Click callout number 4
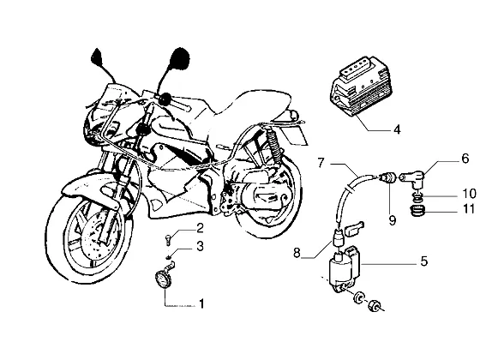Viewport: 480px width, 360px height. point(397,129)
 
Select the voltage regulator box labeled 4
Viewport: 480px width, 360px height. point(361,87)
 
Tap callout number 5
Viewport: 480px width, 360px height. point(423,261)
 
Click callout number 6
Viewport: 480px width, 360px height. point(465,159)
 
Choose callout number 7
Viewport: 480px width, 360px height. point(321,163)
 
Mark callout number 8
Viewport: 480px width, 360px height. point(297,253)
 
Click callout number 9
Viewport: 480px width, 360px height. point(393,220)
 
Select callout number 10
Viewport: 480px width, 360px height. point(469,194)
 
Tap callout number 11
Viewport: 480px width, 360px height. point(468,209)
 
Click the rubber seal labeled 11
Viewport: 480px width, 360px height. point(417,211)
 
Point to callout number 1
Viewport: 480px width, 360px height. point(201,303)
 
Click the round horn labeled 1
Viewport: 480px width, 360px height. point(162,279)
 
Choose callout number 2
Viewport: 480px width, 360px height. point(200,228)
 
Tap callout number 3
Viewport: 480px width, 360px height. point(200,246)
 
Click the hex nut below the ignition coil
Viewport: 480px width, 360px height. point(374,305)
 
